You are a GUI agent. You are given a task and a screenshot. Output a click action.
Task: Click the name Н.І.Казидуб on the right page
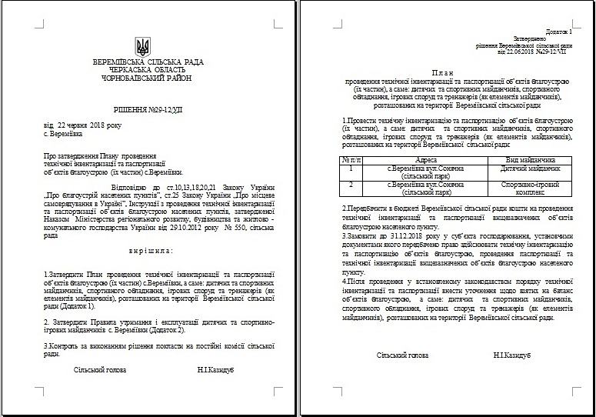pyautogui.click(x=512, y=355)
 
